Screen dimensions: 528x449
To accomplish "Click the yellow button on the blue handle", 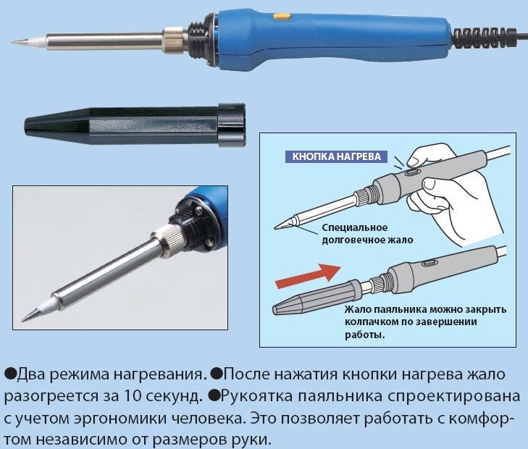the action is [281, 16].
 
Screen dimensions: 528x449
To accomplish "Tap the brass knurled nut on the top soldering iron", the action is [174, 41].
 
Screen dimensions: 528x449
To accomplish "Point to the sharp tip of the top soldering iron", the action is [12, 42].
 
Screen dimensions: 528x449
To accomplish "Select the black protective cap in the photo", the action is [135, 125].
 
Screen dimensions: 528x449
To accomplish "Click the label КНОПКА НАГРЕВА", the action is [336, 156].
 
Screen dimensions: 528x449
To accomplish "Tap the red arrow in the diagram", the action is [308, 277].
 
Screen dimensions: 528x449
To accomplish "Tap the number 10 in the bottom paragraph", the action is [132, 396].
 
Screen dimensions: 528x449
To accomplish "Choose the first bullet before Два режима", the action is [10, 374].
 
